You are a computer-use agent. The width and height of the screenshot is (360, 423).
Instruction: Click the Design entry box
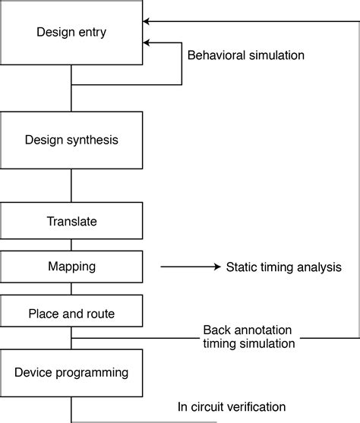tap(71, 32)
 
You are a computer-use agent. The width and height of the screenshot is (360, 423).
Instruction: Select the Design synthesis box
tap(71, 140)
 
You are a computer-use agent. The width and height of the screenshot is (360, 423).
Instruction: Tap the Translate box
tap(71, 222)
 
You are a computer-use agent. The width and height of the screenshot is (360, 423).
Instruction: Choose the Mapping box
tap(71, 267)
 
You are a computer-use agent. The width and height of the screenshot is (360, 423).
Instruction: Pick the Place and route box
tap(71, 313)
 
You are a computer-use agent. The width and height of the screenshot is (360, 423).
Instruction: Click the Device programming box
tap(71, 372)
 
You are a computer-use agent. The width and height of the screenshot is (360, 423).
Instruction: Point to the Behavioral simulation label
tap(245, 55)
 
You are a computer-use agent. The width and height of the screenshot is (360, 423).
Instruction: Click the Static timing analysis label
tap(284, 267)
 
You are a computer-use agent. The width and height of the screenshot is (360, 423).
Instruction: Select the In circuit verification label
tap(232, 406)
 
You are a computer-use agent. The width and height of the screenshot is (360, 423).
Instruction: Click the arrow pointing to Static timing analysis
tap(190, 267)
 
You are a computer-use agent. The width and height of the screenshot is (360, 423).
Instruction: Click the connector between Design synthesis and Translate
tap(71, 186)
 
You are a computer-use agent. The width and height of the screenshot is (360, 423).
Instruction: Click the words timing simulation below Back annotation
tap(249, 343)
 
